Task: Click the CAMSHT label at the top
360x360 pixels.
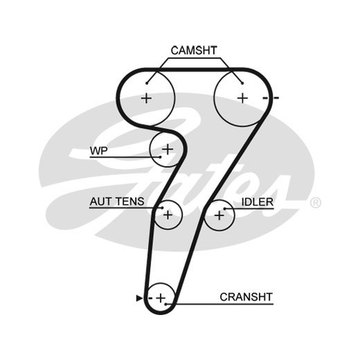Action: [x=194, y=50]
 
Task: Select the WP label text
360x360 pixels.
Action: [x=99, y=151]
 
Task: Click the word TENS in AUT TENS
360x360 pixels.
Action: [x=130, y=202]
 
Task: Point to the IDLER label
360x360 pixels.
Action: [x=257, y=202]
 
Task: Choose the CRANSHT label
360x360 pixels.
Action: [x=246, y=297]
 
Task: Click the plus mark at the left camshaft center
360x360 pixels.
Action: [x=146, y=99]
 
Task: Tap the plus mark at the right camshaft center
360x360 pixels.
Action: [x=243, y=98]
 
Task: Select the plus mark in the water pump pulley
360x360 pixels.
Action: [x=167, y=149]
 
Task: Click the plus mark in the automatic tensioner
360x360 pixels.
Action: [x=168, y=215]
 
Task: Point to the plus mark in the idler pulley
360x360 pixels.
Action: [x=219, y=216]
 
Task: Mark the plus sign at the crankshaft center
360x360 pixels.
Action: [x=161, y=298]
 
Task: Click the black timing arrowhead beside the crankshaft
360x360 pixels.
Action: [x=139, y=298]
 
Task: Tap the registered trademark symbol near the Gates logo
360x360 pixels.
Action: [x=316, y=203]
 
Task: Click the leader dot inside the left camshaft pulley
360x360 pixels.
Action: [x=147, y=83]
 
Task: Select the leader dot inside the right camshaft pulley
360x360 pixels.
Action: [x=242, y=83]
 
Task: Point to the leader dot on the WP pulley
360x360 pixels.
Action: [x=161, y=157]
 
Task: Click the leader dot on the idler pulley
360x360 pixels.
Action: [x=225, y=209]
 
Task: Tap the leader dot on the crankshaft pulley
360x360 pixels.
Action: [x=166, y=304]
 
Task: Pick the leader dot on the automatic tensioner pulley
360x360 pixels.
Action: [x=162, y=208]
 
